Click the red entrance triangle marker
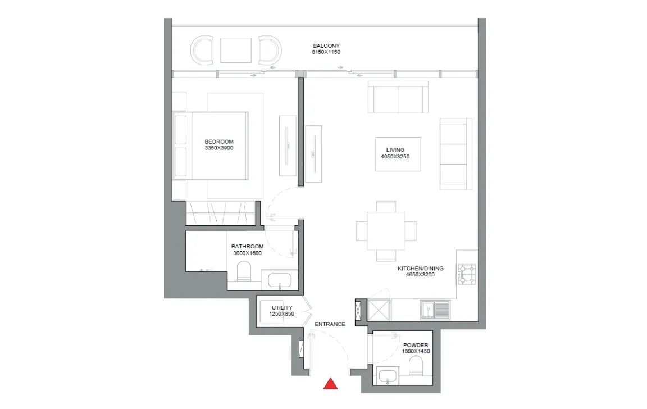point(330,384)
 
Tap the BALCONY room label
point(326,46)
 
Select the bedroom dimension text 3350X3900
point(219,148)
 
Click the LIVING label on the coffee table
point(395,150)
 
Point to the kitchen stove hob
point(467,274)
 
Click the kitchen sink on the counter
point(435,310)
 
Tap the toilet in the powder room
point(416,366)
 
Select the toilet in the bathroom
point(244,271)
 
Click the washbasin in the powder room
point(388,376)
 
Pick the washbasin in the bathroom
point(280,281)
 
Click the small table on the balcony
point(236,51)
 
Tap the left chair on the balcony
point(202,50)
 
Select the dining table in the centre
point(386,231)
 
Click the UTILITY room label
point(282,307)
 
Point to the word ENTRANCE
point(330,324)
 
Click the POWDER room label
point(416,345)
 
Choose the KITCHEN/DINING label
point(421,268)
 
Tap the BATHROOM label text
point(247,247)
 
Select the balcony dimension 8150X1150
point(326,52)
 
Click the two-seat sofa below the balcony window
point(398,97)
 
